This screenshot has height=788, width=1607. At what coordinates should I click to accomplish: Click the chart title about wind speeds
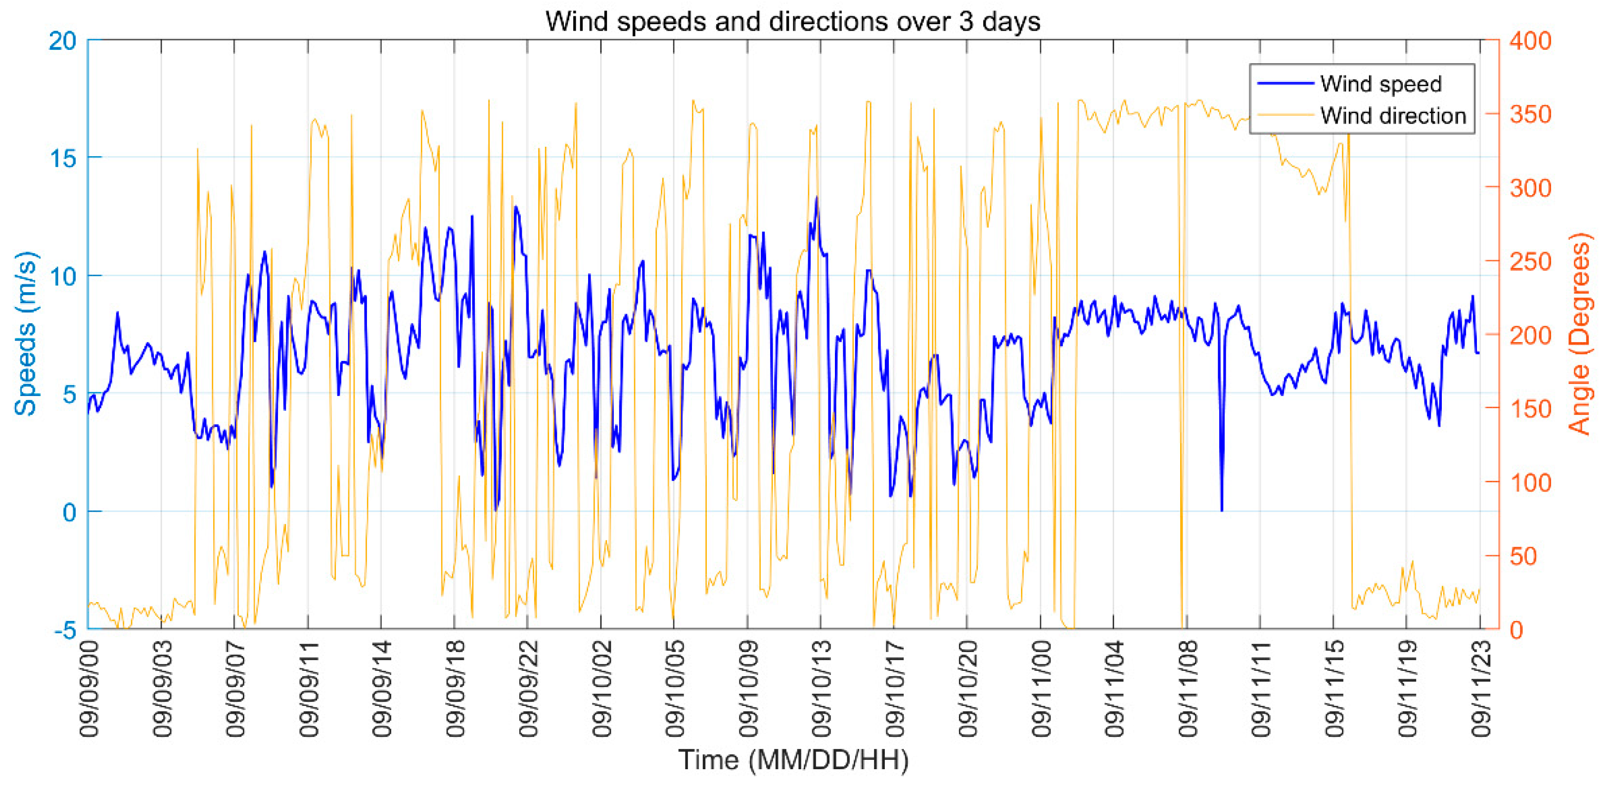[x=792, y=22]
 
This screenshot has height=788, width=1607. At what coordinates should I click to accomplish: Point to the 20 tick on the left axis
[x=62, y=41]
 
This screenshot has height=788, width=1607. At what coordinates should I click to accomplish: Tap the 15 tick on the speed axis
[x=62, y=158]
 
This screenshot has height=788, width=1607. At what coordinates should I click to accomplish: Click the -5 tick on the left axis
[x=65, y=630]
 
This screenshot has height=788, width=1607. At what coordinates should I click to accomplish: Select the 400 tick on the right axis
[x=1530, y=41]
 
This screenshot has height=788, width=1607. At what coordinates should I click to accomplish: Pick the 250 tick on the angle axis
[x=1530, y=262]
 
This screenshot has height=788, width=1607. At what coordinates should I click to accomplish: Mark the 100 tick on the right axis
[x=1530, y=482]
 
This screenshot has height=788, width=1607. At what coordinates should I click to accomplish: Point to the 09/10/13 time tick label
[x=822, y=689]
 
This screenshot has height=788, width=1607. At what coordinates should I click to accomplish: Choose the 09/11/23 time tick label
[x=1481, y=689]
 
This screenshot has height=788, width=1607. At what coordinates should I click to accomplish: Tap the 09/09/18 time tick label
[x=456, y=689]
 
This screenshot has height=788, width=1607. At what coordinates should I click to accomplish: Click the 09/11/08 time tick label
[x=1188, y=689]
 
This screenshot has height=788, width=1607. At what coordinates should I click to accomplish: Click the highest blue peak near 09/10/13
[x=816, y=198]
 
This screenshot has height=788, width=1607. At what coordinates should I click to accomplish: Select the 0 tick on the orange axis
[x=1516, y=630]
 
